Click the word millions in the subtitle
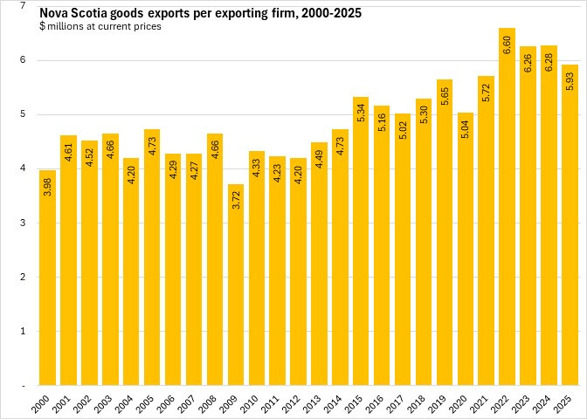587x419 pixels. [x=66, y=26]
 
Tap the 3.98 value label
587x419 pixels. [x=46, y=189]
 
